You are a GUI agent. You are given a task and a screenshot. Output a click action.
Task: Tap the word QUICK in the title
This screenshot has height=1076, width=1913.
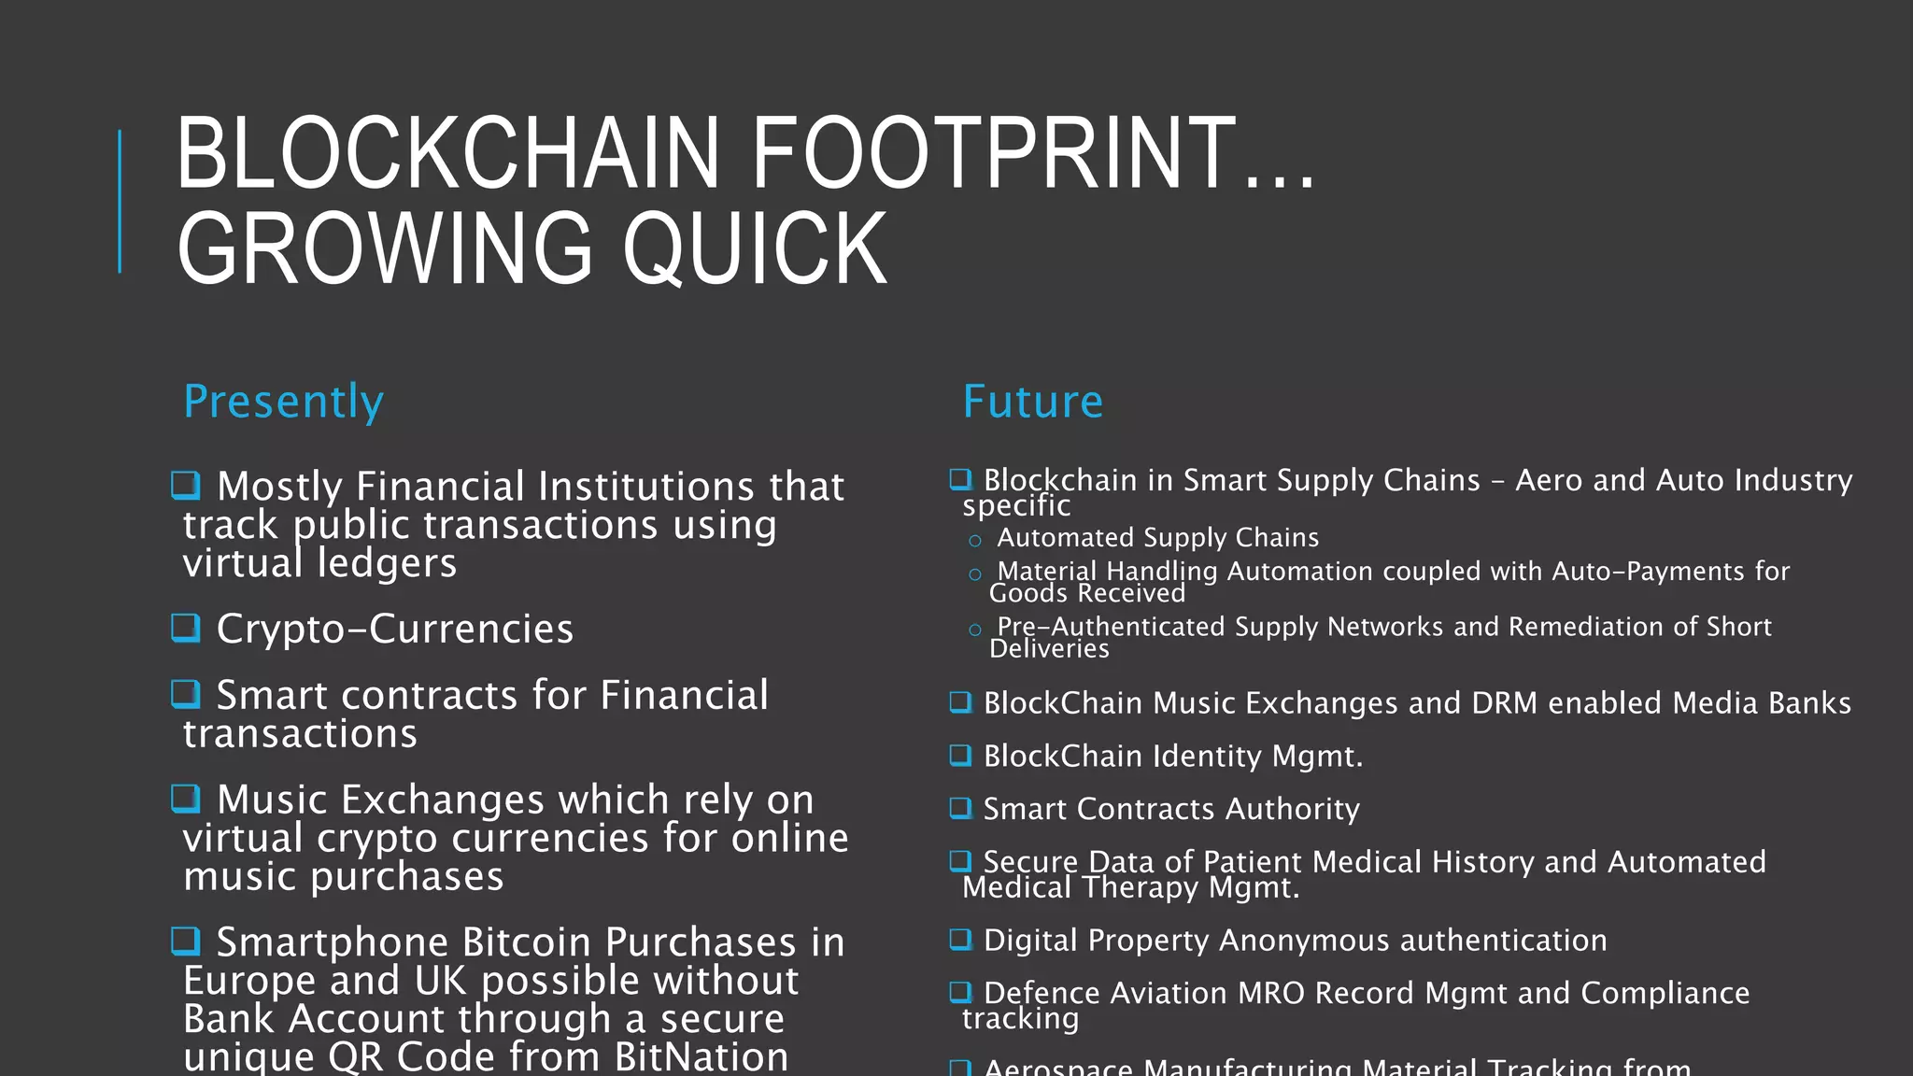tap(755, 248)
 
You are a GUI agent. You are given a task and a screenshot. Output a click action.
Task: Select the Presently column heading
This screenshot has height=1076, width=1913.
tap(283, 402)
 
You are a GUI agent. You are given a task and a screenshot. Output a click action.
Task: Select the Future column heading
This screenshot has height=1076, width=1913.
tap(1032, 402)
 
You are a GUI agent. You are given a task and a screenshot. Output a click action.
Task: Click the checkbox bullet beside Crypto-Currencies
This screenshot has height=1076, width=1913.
tap(186, 627)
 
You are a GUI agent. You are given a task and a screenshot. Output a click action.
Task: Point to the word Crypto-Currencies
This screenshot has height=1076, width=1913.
tap(394, 630)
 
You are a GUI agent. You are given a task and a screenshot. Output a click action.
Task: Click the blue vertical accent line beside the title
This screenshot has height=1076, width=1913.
tap(120, 201)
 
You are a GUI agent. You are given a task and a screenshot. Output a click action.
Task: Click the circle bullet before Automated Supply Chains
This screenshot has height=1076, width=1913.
tap(975, 541)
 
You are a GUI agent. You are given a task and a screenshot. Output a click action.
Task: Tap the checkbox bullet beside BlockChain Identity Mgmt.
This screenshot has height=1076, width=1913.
tap(960, 755)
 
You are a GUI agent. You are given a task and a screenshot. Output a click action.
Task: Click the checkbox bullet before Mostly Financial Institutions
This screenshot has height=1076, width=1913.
tap(186, 485)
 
